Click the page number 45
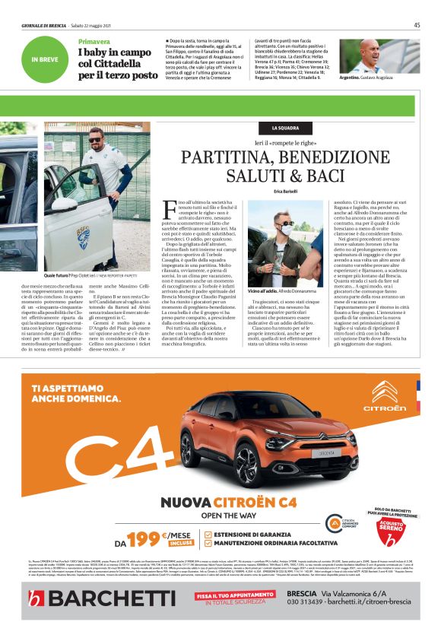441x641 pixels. (417, 25)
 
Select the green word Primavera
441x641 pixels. (94, 40)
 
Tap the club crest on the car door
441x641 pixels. (83, 237)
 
